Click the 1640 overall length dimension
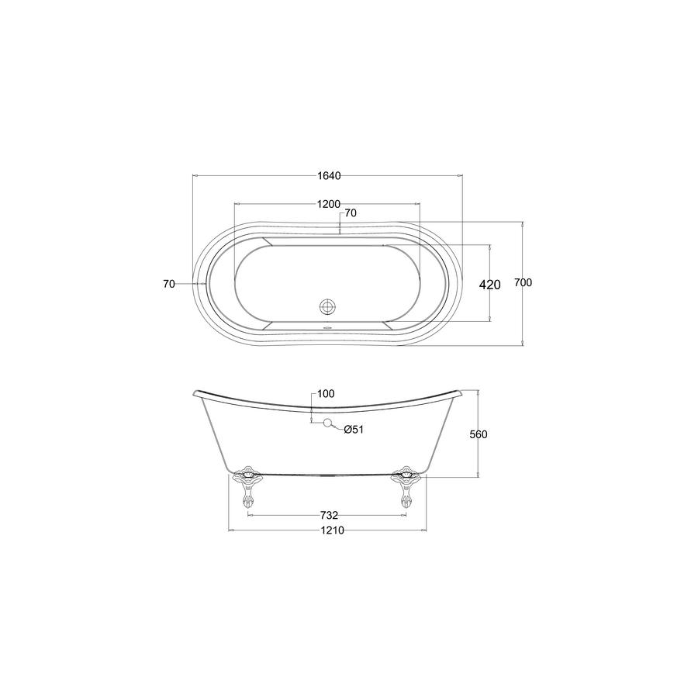(x=329, y=176)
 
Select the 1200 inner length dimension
(x=329, y=204)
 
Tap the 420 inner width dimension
(x=489, y=285)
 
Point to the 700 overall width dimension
(x=523, y=282)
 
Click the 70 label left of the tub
(x=169, y=284)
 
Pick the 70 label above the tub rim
(x=351, y=213)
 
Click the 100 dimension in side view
(x=326, y=394)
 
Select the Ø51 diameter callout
(x=354, y=430)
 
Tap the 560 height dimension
(x=479, y=434)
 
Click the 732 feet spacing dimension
(x=330, y=516)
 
